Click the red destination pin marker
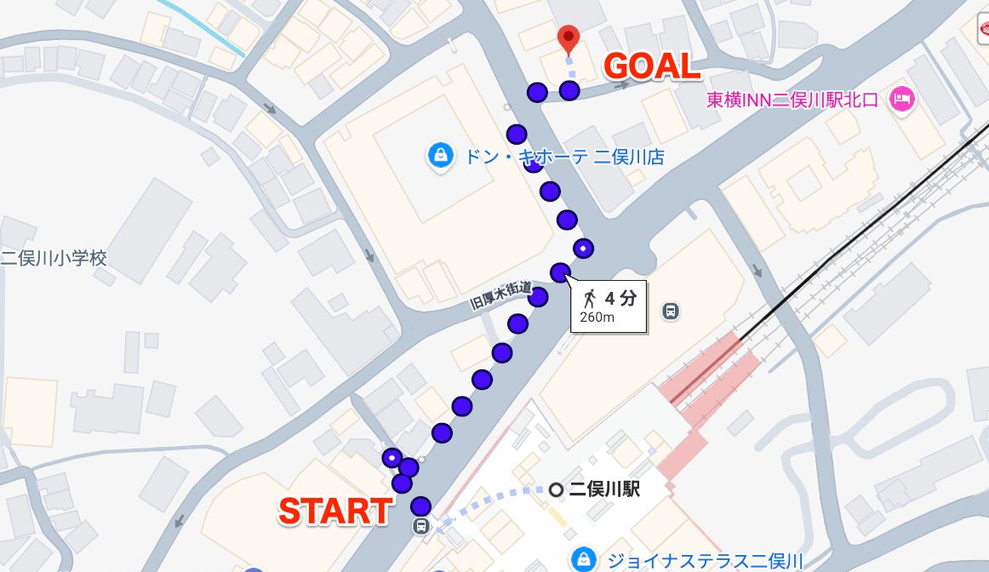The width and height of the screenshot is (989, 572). coord(568,38)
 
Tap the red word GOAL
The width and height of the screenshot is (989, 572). coord(652,67)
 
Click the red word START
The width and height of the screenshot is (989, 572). coord(335,511)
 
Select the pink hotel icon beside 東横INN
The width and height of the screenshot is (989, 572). coord(901,100)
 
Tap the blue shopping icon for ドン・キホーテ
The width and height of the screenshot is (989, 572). coord(440,156)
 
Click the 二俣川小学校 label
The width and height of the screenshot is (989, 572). coord(54,258)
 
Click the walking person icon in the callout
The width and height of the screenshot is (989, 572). coord(589,299)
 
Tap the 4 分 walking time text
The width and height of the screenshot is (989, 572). coord(620,299)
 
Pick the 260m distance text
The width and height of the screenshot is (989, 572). coord(597,317)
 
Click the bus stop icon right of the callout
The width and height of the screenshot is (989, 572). coord(671,311)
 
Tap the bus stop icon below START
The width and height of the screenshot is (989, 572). coord(421,526)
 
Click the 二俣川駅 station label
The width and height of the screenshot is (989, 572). coord(604,489)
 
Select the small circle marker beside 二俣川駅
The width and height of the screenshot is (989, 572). coord(556,489)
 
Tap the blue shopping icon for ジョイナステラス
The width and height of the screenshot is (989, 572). coord(583,558)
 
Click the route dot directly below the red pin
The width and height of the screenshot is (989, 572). coord(569,89)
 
